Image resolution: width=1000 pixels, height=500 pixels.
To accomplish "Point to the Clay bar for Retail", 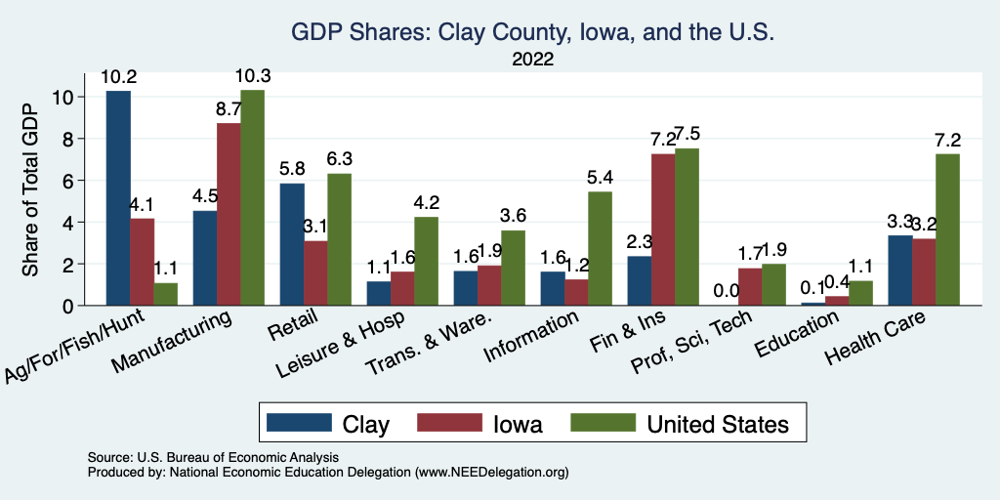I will [x=291, y=244].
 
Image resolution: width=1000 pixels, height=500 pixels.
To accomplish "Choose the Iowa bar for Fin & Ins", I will [x=663, y=229].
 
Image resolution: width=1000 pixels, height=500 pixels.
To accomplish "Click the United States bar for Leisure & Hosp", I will [x=426, y=262].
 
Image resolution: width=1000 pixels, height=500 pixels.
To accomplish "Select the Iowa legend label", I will [x=519, y=424].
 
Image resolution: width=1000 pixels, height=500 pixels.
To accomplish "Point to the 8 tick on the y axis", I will [x=65, y=139].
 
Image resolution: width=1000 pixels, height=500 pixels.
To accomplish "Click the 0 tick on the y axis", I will [x=65, y=306].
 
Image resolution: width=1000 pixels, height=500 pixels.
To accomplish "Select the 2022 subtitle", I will [x=532, y=60].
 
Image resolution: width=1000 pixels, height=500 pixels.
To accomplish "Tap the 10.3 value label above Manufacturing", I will [x=252, y=75].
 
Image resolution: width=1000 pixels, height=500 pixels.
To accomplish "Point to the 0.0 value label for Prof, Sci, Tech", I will [x=726, y=291].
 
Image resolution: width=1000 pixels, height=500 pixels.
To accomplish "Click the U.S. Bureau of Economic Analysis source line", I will [x=217, y=457].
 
